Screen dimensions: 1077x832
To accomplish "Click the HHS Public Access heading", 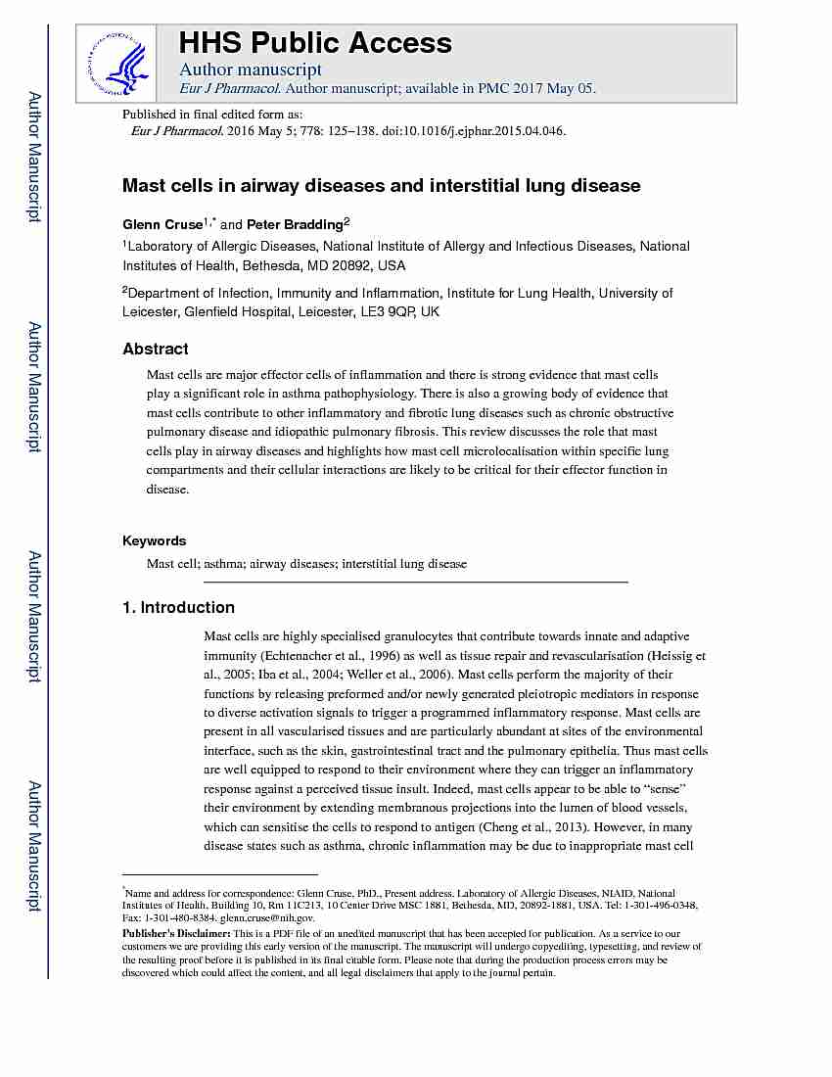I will (314, 43).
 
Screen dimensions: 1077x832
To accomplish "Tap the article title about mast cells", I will (381, 185).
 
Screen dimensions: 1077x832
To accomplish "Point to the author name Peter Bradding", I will (294, 224).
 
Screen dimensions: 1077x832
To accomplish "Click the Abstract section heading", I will (156, 349).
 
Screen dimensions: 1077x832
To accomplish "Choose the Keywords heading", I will (154, 540).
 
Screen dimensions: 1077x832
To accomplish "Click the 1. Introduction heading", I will (178, 607).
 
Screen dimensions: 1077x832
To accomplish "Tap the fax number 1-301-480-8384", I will (176, 918).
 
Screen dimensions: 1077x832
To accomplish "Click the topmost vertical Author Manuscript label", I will (34, 157).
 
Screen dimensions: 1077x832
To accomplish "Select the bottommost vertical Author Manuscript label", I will (34, 847).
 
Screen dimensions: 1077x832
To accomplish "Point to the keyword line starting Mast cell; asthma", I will (306, 564).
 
